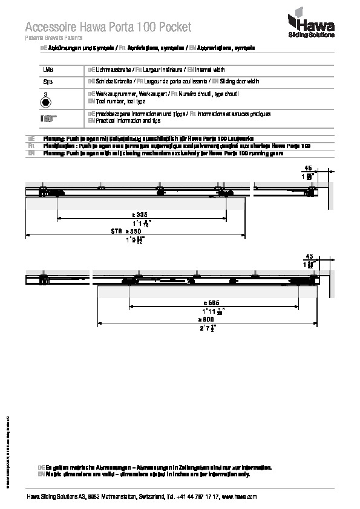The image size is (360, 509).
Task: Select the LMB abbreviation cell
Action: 48,70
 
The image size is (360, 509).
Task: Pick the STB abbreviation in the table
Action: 48,81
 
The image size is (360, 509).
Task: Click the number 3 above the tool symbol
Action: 45,94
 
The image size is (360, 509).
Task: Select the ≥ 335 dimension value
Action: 141,215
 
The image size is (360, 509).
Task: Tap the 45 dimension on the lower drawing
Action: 309,256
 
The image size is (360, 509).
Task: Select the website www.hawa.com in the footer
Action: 240,496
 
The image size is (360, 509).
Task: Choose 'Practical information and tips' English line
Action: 127,120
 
